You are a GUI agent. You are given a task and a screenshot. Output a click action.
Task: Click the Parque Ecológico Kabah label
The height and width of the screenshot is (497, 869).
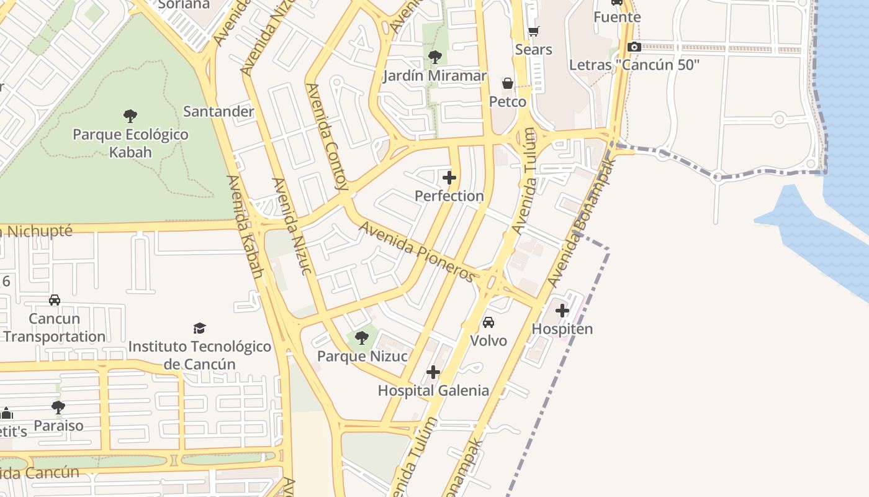pos(130,143)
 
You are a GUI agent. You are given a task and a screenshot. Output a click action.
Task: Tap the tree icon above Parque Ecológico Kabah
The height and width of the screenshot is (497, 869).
pos(130,116)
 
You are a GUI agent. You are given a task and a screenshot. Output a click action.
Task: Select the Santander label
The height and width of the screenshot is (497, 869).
pos(218,112)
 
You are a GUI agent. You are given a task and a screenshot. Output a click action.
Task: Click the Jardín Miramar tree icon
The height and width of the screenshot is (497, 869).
pos(435,57)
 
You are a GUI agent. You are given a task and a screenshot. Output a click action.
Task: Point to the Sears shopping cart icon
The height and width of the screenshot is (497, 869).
pos(533,31)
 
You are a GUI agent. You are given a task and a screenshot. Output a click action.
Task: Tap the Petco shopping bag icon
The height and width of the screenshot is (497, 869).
pos(508,83)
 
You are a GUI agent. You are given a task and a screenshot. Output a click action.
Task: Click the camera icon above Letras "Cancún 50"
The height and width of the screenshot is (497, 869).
pos(634,47)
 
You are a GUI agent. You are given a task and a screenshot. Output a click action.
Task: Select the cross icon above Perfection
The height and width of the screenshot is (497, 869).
pos(449,178)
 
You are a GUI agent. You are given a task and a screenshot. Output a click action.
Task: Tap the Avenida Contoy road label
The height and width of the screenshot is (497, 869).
pos(328,137)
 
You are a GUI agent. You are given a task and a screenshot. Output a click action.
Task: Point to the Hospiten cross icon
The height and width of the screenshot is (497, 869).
pos(562,310)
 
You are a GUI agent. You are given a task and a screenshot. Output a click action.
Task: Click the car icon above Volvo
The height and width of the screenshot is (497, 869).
pos(489,322)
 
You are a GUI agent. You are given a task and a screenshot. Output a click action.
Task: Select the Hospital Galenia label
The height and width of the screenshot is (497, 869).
pos(433,391)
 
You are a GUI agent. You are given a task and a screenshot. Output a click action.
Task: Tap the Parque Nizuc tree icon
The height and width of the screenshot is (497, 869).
pos(362,338)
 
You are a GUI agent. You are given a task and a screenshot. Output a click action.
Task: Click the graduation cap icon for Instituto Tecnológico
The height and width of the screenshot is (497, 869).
pos(199,327)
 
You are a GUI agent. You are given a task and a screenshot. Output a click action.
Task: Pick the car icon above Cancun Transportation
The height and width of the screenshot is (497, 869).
pos(55,300)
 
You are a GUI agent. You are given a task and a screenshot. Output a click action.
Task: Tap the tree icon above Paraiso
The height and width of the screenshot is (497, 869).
pos(58,408)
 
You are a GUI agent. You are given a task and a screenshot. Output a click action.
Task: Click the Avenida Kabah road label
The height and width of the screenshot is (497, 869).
pos(245,226)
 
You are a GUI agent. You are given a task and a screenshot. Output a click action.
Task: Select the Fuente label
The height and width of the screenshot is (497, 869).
pos(616,17)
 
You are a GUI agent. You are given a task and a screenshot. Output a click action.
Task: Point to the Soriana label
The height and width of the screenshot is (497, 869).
pos(184,5)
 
